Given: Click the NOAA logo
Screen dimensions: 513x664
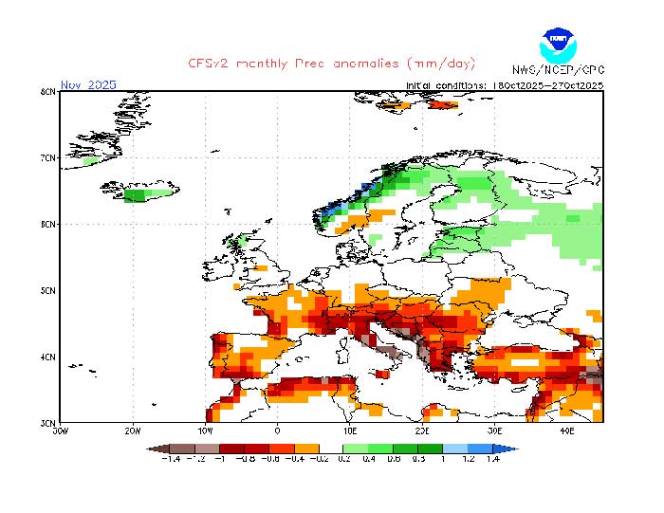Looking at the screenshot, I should pos(557,44).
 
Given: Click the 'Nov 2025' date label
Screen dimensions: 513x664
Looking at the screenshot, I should pos(88,85).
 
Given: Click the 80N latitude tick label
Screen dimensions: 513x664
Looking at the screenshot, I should pos(47,92).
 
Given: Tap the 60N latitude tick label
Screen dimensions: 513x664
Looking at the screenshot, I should pos(47,225).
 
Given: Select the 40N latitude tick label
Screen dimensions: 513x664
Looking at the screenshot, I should pos(47,357).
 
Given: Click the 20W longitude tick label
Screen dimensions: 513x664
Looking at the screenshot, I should pos(132,431).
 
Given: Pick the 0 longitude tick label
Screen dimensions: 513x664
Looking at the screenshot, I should pos(277,431).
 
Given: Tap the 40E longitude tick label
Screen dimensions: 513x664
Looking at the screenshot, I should pos(566,431).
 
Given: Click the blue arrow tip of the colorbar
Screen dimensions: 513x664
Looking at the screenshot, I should pos(511,448).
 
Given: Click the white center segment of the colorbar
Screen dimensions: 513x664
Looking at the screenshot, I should pos(331,448).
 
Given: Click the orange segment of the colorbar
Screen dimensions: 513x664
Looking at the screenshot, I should pos(306,448).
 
